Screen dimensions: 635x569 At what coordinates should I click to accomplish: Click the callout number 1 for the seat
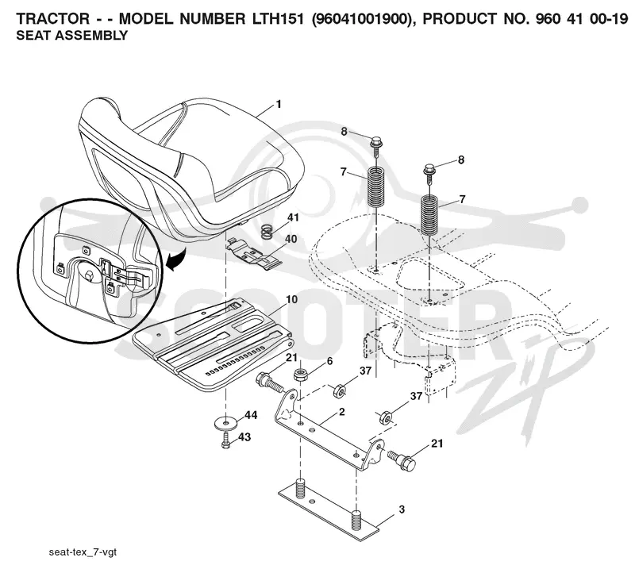click(279, 105)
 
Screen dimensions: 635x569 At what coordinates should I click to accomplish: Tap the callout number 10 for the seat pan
click(291, 299)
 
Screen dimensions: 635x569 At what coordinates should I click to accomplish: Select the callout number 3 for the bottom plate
click(402, 509)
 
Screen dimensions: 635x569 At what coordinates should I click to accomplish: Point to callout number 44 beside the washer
click(251, 415)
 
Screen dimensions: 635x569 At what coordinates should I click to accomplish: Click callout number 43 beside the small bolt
click(244, 437)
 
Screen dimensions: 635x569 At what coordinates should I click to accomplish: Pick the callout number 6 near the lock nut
click(329, 361)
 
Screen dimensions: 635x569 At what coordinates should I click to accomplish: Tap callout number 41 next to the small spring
click(293, 217)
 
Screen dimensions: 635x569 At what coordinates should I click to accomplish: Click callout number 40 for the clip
click(291, 239)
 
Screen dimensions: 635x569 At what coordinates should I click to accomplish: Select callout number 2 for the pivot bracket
click(342, 412)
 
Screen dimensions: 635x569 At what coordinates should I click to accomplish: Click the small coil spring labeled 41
click(266, 232)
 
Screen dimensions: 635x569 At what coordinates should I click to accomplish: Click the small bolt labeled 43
click(225, 440)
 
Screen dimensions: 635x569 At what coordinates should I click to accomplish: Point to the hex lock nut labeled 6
click(299, 375)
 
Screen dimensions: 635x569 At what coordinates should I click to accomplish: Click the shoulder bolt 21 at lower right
click(402, 460)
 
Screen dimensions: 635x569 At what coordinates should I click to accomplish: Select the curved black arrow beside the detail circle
click(177, 260)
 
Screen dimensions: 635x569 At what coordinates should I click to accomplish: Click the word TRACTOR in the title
click(52, 18)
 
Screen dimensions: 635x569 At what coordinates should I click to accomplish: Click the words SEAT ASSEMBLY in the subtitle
click(71, 36)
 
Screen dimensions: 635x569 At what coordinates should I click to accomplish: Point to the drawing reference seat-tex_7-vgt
click(83, 552)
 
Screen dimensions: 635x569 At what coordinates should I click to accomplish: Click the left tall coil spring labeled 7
click(376, 187)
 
